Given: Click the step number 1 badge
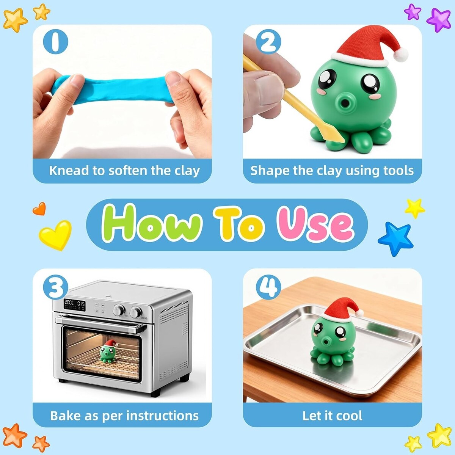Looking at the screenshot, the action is (55, 42).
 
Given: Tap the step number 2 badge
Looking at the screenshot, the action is (268, 42).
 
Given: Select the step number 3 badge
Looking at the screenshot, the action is (55, 287).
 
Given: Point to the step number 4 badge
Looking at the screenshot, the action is (268, 287).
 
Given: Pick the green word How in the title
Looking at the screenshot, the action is (152, 223).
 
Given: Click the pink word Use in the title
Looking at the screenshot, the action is (316, 223).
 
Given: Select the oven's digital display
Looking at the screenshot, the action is (75, 305).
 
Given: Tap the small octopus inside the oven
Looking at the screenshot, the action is (108, 351).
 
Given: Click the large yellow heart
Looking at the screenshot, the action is (55, 235).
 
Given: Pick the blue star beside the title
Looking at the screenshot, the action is (396, 239).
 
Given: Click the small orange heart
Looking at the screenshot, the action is (39, 209).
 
